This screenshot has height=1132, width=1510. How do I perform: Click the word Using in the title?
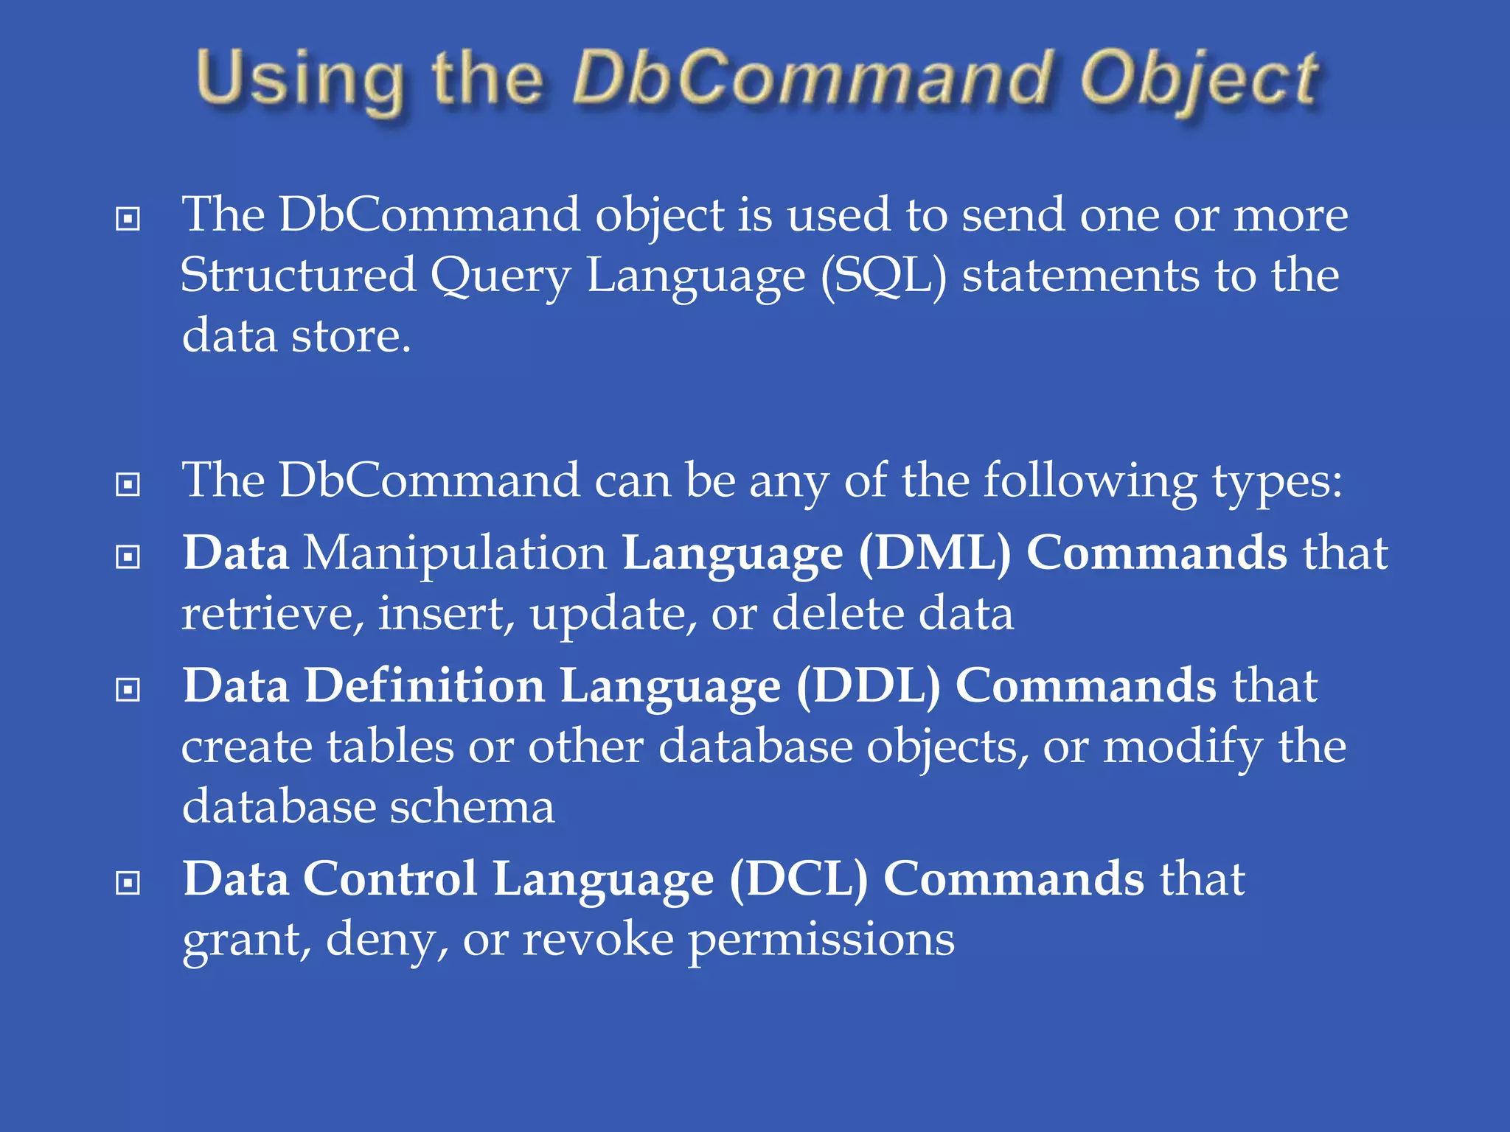pos(300,80)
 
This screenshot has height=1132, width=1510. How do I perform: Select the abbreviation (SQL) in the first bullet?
pos(883,276)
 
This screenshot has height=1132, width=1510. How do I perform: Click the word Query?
pos(501,277)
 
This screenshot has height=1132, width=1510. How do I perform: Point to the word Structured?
pos(298,276)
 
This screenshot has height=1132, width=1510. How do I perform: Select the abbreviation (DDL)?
pos(868,686)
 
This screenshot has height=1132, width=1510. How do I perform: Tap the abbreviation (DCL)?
pos(799,879)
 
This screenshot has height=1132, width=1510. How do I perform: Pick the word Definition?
pos(425,686)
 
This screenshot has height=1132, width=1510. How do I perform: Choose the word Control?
pos(390,879)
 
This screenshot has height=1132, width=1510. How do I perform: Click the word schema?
pos(472,806)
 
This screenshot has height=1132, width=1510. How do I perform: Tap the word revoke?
pos(598,940)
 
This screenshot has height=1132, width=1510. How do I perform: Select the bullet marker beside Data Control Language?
pos(128,882)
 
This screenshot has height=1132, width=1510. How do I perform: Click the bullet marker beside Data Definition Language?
pos(128,690)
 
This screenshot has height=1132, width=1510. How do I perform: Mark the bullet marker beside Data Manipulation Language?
pos(128,556)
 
